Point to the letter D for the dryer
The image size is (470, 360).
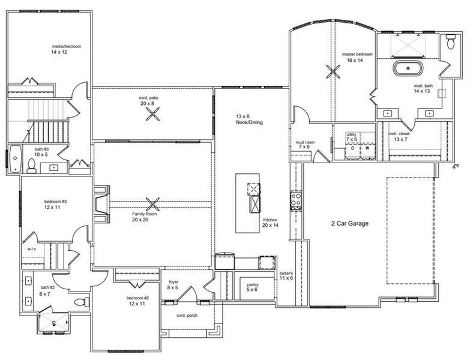pos(353,148)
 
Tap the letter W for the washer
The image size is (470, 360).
pos(367,148)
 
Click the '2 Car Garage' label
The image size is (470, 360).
pos(350,224)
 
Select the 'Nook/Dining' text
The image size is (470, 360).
pos(249,122)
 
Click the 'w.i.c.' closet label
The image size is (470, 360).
pos(32,249)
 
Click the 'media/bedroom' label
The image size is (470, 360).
pos(66,46)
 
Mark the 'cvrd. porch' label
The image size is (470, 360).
pos(187,316)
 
